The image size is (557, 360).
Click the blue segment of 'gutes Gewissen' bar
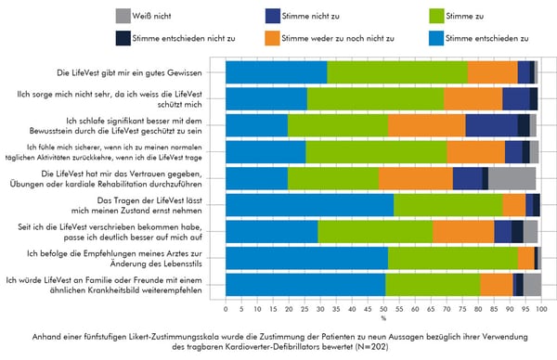tap(277, 72)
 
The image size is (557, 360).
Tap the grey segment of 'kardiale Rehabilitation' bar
tap(512, 178)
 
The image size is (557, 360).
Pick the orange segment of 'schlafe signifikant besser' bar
tap(426, 125)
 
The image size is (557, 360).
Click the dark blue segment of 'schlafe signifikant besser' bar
tap(491, 125)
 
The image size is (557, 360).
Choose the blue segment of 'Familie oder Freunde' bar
tap(305, 285)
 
